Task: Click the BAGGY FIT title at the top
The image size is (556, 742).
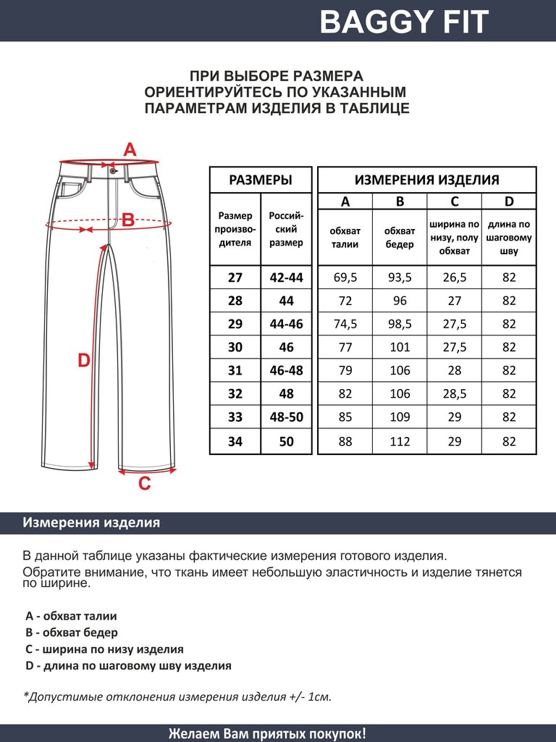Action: pos(404,22)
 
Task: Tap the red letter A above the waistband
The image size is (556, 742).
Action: pos(130,150)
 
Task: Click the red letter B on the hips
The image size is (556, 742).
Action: pos(127,220)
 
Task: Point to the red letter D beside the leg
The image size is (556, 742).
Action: pos(84,360)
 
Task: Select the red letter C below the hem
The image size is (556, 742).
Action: pos(144,483)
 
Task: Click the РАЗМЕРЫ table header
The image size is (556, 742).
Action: pos(260,180)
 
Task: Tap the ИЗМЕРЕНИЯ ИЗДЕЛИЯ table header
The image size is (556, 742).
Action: pos(426,180)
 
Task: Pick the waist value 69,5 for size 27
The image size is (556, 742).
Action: pos(345,278)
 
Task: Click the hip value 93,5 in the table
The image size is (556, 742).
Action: pos(400,278)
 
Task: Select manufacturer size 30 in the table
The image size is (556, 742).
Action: pos(235,347)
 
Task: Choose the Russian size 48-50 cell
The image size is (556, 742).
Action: pos(286,417)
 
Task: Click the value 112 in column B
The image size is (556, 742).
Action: pos(400,441)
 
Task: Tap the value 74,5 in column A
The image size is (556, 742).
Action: pos(345,324)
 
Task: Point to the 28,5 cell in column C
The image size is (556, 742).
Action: pos(455,394)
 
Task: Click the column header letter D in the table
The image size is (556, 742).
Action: pos(509,201)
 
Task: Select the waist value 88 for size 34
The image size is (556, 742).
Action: pos(345,441)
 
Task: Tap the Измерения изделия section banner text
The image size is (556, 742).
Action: pos(91,522)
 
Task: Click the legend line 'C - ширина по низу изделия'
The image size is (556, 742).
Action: pos(104,649)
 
